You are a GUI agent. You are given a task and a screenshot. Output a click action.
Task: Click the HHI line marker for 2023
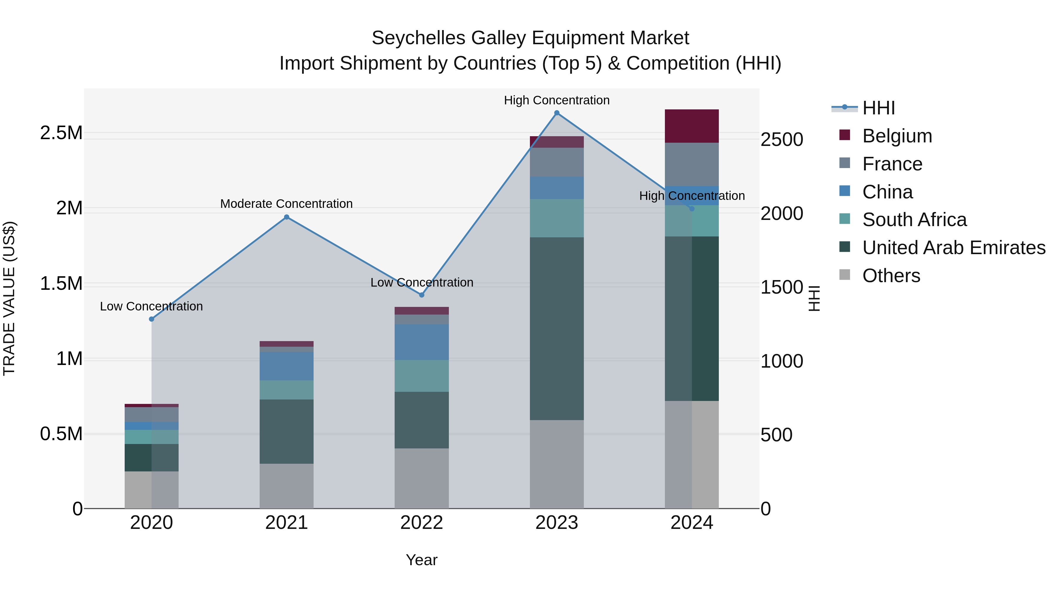[556, 113]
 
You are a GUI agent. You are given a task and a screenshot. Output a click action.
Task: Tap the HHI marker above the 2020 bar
[151, 319]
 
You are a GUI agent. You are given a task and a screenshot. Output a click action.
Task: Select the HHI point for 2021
[287, 217]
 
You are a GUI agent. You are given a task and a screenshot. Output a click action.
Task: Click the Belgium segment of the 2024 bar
[691, 126]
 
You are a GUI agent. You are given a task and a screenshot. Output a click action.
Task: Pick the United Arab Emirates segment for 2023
[556, 328]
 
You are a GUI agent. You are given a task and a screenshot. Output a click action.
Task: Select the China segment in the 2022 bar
[421, 342]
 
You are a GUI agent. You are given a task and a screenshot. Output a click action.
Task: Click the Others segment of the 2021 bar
[287, 486]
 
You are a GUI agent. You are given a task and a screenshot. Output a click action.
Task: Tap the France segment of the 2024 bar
[691, 164]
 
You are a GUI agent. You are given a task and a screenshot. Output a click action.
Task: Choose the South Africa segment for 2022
[421, 376]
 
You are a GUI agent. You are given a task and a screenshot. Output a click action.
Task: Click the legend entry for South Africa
[914, 220]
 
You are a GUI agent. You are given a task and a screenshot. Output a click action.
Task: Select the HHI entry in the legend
[878, 108]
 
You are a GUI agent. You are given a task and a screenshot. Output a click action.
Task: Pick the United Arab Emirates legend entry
[953, 248]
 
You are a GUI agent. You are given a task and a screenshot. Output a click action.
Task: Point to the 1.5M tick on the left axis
[61, 284]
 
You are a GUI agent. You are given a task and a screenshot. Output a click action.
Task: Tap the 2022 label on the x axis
[421, 523]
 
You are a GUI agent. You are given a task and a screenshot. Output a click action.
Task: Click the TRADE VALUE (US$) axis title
[9, 298]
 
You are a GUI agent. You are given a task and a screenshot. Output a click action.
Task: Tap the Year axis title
[421, 560]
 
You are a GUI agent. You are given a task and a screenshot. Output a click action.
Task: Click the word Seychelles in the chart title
[419, 38]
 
